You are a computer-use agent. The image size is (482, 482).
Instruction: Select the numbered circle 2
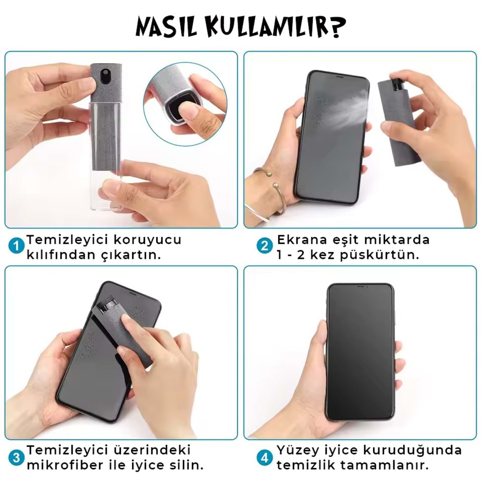(264, 246)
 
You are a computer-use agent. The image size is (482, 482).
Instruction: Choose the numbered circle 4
(265, 458)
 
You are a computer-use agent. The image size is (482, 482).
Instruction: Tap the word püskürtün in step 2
(380, 255)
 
